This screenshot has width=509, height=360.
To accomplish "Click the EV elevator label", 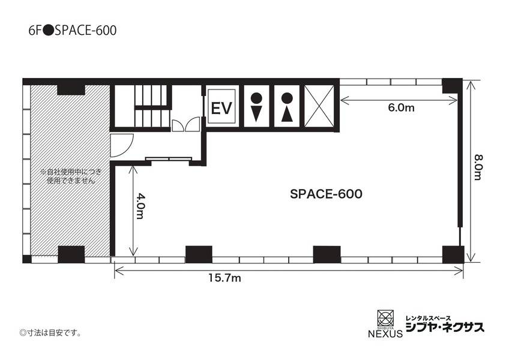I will point(221,109).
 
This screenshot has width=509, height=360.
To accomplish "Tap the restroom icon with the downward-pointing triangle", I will point(256,107).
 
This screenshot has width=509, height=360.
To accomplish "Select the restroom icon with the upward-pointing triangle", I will point(287,107).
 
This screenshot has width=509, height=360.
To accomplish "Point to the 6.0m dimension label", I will point(401,108).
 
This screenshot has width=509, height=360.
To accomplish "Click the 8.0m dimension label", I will point(478,169).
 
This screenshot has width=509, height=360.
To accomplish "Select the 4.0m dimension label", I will point(139,206).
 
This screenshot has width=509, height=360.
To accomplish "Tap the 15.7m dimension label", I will point(224,278).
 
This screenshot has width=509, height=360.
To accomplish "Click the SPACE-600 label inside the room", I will point(325,194).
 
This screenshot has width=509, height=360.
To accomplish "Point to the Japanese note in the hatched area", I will point(68,176).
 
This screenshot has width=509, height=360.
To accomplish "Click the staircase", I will point(149,106).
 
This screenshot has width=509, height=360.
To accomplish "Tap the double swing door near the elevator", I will point(185,124).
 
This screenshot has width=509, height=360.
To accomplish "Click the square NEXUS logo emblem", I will point(384,317).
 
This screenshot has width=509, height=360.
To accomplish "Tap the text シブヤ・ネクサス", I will point(445,328).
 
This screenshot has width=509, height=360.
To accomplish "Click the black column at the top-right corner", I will point(452,86).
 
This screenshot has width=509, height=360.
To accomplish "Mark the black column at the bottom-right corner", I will point(453,254).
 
